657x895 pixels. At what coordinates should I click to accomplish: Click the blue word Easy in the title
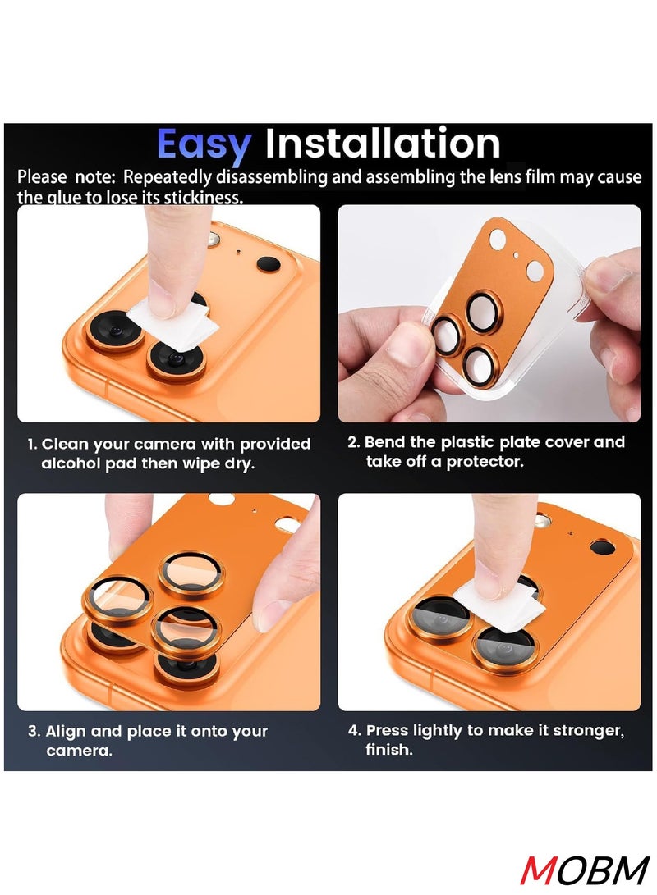tap(203, 145)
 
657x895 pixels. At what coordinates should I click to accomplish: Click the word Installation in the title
tap(382, 144)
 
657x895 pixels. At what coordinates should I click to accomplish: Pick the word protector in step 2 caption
tap(485, 462)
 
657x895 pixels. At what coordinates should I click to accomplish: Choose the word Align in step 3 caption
tap(66, 732)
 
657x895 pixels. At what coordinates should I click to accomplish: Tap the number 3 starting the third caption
tap(32, 732)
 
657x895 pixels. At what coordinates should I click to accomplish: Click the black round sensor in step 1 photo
tap(269, 264)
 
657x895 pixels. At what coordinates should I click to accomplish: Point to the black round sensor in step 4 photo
tap(603, 547)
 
